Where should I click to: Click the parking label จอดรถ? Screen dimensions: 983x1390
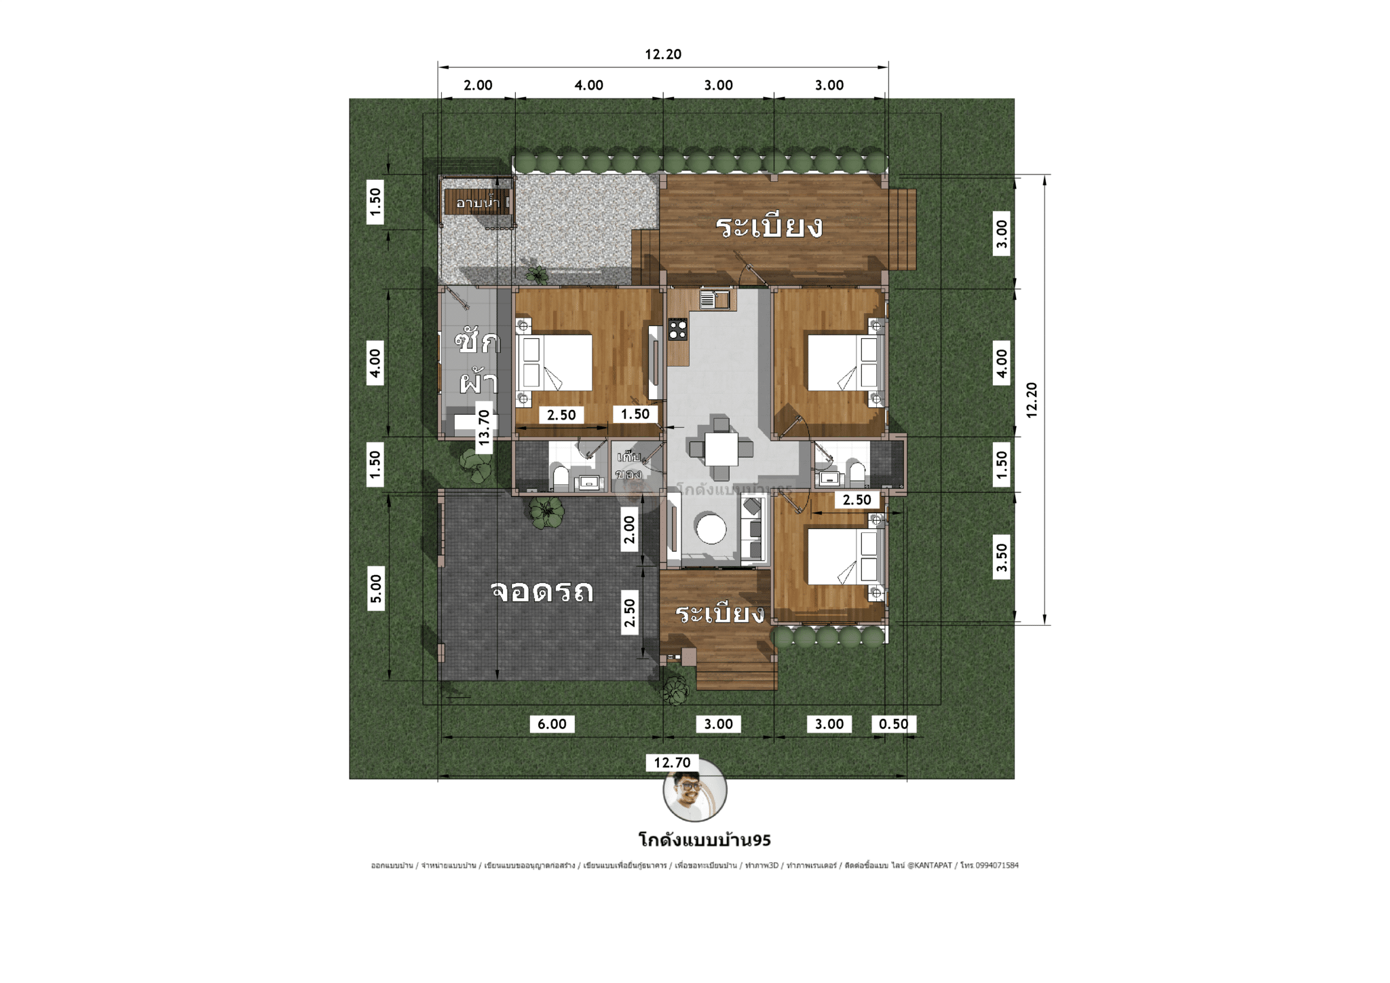tap(542, 591)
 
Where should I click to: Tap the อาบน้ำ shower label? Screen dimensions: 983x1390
tap(478, 202)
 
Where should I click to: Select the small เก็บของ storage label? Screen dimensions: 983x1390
tap(628, 465)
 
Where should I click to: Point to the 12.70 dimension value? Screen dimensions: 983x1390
tap(672, 762)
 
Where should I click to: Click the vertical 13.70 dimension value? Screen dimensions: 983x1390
tap(484, 427)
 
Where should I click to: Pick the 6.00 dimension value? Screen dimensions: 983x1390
tap(552, 724)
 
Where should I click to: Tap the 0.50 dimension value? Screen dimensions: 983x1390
tap(893, 724)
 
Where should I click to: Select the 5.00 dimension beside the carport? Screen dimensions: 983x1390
tap(375, 589)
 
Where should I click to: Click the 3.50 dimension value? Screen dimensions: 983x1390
tap(1002, 557)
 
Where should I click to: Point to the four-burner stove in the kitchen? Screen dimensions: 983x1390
tap(677, 329)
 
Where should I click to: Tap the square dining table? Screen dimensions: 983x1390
tap(721, 449)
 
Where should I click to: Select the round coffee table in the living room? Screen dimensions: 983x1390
tap(711, 529)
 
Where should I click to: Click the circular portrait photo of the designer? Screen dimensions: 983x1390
tap(694, 790)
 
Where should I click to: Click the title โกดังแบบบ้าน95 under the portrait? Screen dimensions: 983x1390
tap(705, 840)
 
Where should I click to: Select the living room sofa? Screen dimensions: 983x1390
tap(753, 529)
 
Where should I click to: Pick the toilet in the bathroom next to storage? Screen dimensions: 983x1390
tap(561, 476)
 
